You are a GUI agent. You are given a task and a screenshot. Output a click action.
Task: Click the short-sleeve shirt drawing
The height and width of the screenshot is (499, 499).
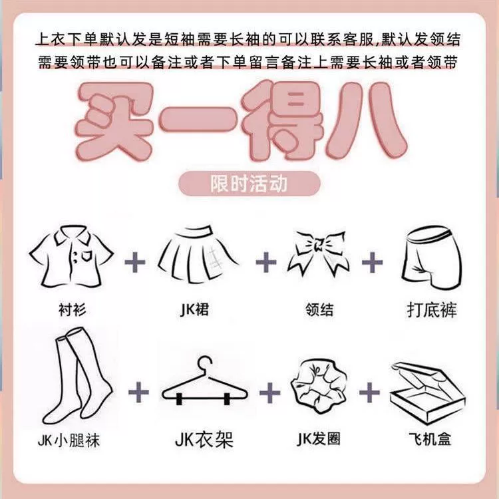[x=71, y=257]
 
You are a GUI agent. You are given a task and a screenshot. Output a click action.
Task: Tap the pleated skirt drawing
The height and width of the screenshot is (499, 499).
[x=198, y=254]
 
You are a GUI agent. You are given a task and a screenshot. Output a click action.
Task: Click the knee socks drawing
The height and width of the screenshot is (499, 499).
[x=78, y=375]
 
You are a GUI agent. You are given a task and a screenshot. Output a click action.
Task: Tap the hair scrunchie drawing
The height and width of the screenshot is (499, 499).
[x=319, y=386]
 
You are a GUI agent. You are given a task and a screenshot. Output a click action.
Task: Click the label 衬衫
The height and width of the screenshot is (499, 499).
[x=73, y=309]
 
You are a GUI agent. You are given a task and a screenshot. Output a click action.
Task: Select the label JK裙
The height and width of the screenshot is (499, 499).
[x=194, y=309]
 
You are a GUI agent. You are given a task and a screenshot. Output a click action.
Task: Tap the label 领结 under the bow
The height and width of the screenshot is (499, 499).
[x=319, y=309]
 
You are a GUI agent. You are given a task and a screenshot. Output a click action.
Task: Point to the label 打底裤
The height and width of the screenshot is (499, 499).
[x=432, y=309]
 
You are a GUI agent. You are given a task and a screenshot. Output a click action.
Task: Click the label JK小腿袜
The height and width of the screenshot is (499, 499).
[x=69, y=440]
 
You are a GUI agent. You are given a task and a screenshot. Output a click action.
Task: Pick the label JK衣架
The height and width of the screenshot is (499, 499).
[x=204, y=440]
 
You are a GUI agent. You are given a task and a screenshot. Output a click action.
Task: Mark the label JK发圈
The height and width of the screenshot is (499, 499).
[x=319, y=439]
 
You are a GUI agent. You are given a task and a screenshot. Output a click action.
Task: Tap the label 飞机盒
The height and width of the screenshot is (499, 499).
[x=430, y=439]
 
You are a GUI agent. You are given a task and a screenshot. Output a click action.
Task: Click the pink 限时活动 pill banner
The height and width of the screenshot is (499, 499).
[x=249, y=184]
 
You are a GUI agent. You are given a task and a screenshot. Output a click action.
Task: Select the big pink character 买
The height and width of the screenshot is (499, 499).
[x=115, y=120]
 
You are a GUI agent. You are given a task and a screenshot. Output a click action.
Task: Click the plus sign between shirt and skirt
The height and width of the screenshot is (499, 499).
[x=135, y=262]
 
